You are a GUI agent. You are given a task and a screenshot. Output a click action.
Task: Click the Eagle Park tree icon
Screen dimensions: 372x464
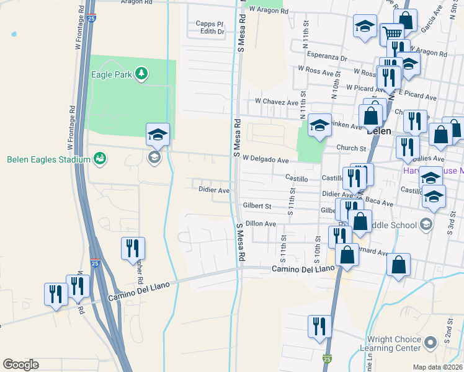click(142, 74)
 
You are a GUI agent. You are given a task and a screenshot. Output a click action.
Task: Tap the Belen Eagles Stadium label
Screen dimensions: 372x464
click(49, 159)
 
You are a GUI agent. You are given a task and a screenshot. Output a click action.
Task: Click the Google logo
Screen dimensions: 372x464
click(20, 365)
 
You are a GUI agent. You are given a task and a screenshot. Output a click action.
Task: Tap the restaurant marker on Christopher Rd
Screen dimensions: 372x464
click(133, 248)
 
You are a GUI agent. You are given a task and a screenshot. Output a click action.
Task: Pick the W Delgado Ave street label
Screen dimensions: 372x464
click(265, 159)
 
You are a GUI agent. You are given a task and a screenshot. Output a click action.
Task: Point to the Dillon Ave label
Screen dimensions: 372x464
click(261, 223)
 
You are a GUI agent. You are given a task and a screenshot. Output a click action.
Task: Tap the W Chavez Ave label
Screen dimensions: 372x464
click(277, 102)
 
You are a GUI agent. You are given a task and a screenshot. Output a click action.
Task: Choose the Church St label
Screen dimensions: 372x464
click(352, 148)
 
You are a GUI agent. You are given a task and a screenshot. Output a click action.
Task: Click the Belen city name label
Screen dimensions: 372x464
click(378, 131)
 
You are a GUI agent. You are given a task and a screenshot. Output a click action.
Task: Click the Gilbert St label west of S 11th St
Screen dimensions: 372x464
click(257, 205)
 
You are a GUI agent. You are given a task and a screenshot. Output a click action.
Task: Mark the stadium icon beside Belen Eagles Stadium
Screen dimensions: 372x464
click(98, 159)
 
